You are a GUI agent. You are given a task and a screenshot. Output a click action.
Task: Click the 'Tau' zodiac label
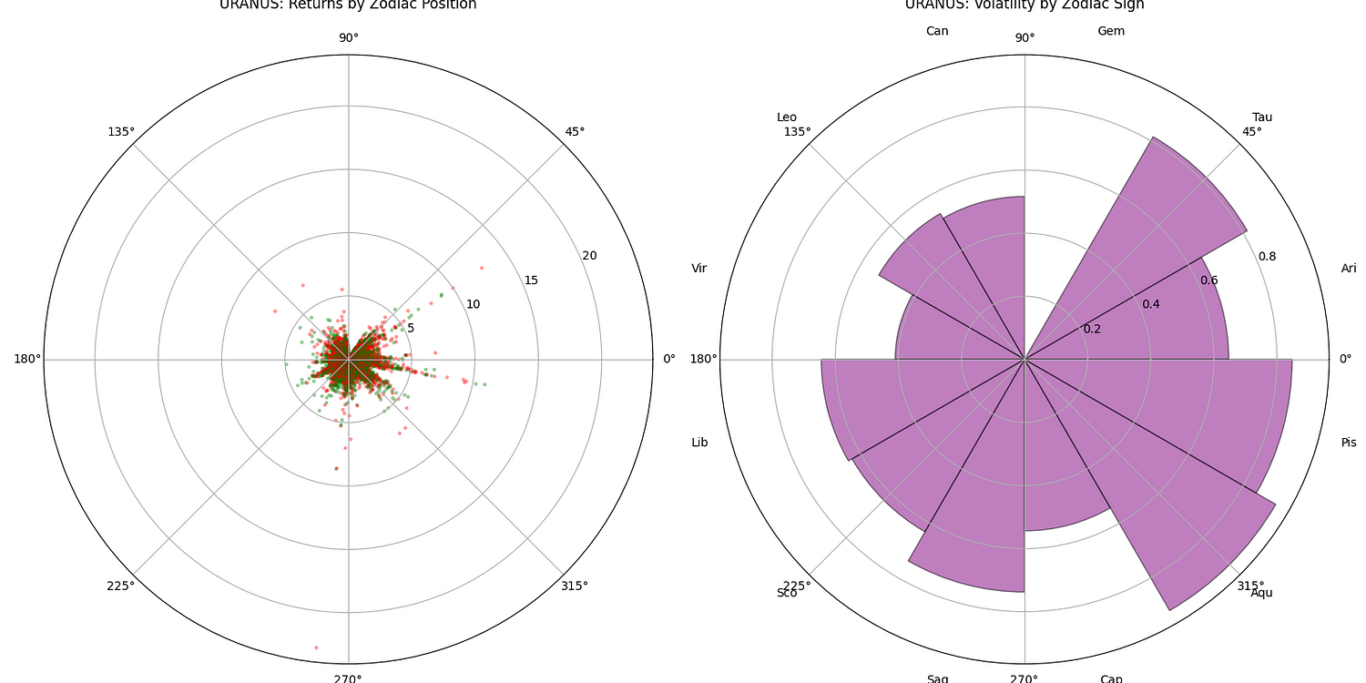(1262, 117)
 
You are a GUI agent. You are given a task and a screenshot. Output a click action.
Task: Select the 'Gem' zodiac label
(1111, 31)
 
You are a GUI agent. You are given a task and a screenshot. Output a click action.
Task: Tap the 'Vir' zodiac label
(699, 268)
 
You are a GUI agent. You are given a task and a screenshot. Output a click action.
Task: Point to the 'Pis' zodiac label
(1349, 443)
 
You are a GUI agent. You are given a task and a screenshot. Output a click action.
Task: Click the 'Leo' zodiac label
(787, 117)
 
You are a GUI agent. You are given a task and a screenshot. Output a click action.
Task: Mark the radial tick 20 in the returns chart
(589, 255)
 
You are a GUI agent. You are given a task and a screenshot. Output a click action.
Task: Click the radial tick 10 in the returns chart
(473, 303)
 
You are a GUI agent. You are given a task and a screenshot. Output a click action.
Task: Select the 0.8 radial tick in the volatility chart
(1267, 256)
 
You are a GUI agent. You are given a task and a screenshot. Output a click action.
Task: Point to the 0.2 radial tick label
(1092, 329)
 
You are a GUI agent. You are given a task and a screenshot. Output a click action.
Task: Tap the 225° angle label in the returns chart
(120, 586)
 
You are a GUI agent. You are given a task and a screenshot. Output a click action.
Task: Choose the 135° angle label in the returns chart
(120, 131)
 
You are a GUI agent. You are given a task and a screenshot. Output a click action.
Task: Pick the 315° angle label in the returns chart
(574, 586)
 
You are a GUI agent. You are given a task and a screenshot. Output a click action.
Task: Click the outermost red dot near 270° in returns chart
(316, 647)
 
